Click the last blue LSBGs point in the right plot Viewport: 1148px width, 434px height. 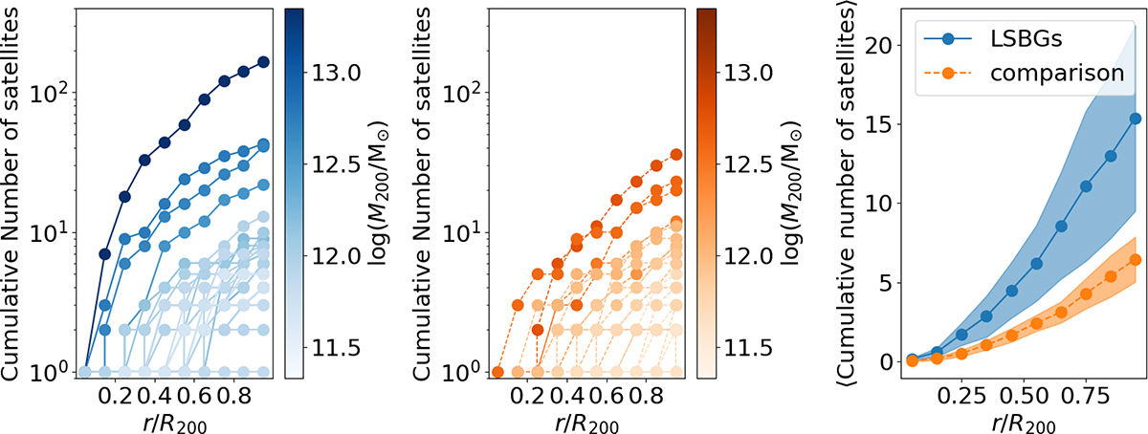[1109, 119]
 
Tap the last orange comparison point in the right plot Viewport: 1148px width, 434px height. [1109, 259]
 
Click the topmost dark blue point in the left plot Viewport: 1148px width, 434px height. [264, 62]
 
